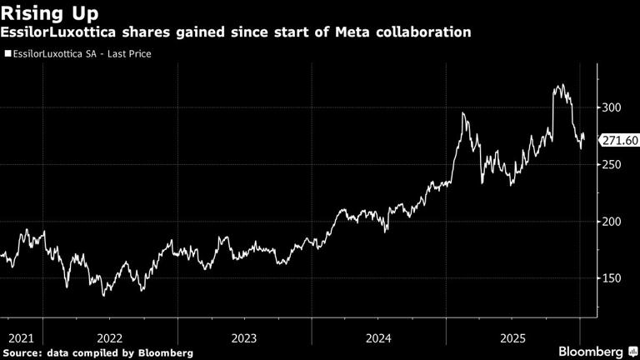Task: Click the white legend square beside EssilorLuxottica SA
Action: [x=7, y=54]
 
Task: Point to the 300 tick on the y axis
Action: [x=614, y=107]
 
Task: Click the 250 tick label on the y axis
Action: [x=614, y=165]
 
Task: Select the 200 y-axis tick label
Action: [x=614, y=222]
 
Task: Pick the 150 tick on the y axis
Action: [x=614, y=278]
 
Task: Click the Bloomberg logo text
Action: [x=590, y=351]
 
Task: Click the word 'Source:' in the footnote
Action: [x=25, y=352]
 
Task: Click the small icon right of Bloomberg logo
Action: [x=632, y=351]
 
